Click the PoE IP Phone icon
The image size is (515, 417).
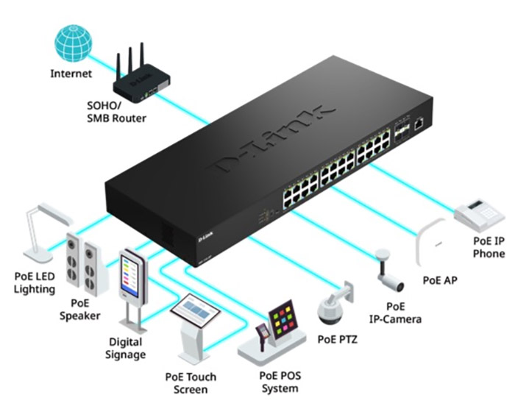(479, 210)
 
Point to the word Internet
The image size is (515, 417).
(71, 74)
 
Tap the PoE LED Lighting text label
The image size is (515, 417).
(35, 282)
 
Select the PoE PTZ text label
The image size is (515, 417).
(336, 339)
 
